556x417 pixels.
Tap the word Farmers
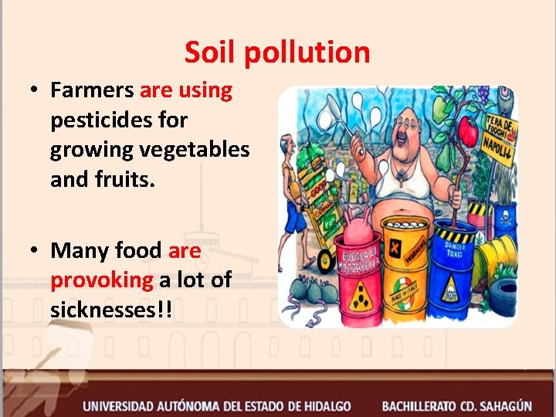tap(92, 90)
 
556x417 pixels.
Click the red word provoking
tap(102, 280)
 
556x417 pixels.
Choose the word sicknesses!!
tap(111, 310)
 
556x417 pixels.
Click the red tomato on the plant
tap(469, 131)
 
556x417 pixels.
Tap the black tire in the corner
tap(501, 297)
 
